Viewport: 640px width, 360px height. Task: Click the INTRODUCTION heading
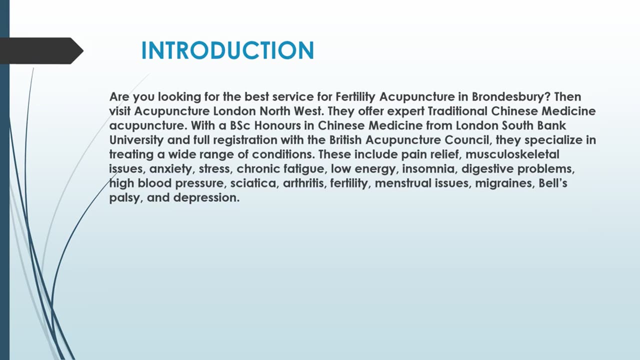click(x=227, y=51)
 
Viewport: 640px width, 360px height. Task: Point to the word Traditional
click(x=457, y=111)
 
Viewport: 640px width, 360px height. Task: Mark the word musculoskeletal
click(x=512, y=154)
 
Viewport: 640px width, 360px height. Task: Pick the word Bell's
click(x=552, y=183)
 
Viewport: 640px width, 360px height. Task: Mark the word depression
click(x=206, y=198)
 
